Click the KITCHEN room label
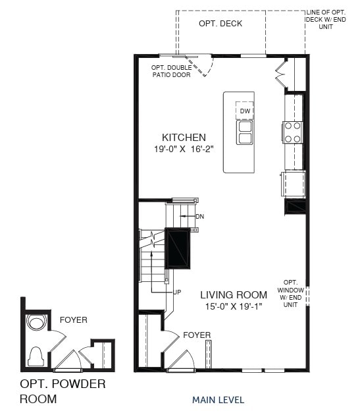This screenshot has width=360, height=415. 184,138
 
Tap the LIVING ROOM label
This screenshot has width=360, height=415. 234,294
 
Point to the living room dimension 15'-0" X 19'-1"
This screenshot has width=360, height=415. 234,306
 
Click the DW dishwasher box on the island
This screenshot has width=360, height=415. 245,111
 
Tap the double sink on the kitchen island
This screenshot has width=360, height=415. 245,132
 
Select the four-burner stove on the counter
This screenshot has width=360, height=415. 292,132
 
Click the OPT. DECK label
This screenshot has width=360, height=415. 220,24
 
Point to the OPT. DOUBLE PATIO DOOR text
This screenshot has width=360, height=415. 170,71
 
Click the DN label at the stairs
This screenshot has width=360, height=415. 199,216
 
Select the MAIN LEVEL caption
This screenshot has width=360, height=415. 218,400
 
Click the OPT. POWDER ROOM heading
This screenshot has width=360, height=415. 62,391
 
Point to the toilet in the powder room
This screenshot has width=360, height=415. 36,355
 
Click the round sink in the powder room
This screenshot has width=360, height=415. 36,323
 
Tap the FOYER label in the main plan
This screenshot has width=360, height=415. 197,335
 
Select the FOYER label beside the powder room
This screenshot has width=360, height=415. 73,320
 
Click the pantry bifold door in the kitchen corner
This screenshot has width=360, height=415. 281,74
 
